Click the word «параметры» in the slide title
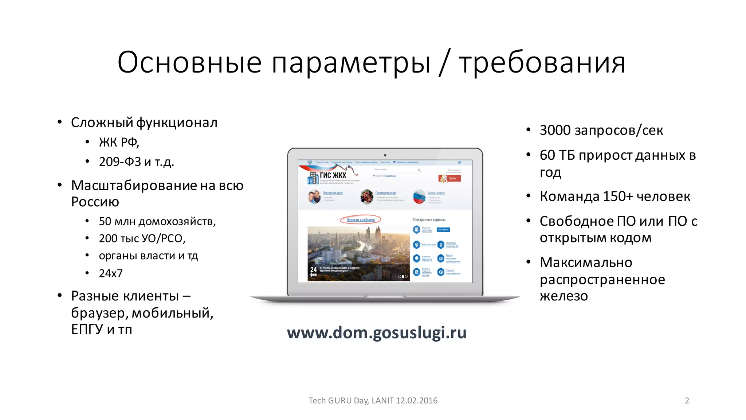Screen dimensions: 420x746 click(x=351, y=63)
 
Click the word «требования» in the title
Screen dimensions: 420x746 click(x=542, y=63)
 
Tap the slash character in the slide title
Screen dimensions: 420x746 click(x=444, y=63)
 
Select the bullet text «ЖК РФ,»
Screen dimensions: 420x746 click(x=119, y=142)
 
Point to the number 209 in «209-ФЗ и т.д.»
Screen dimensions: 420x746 click(x=110, y=162)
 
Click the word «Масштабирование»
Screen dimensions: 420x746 click(x=134, y=186)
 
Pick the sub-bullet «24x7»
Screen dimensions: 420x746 click(x=111, y=273)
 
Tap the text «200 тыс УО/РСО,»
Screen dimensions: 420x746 click(x=142, y=238)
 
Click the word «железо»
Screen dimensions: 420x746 click(x=564, y=296)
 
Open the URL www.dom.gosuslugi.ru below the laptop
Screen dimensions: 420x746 click(x=377, y=332)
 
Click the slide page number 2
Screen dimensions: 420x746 click(x=687, y=400)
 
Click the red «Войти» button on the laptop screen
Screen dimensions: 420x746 click(x=450, y=178)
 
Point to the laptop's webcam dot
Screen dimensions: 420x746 click(x=385, y=155)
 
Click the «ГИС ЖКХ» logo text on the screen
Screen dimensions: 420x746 click(x=333, y=175)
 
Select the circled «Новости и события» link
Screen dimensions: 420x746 click(x=360, y=220)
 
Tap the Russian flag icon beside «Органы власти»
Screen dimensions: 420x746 click(x=419, y=197)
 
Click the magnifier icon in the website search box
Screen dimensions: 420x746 click(x=419, y=170)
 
